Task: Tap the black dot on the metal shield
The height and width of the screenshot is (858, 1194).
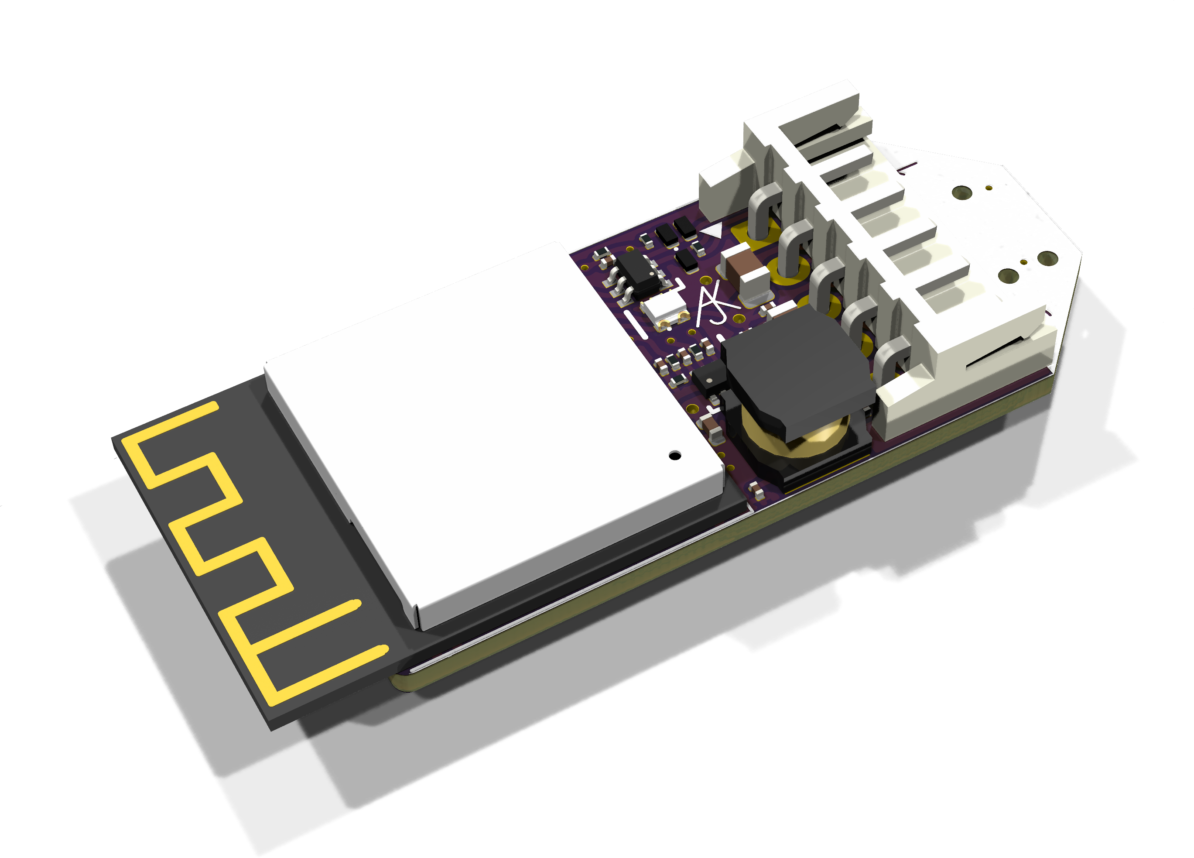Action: tap(674, 455)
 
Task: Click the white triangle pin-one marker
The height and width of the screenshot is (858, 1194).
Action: tap(712, 230)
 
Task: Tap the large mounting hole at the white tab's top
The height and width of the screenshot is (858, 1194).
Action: tap(962, 193)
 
